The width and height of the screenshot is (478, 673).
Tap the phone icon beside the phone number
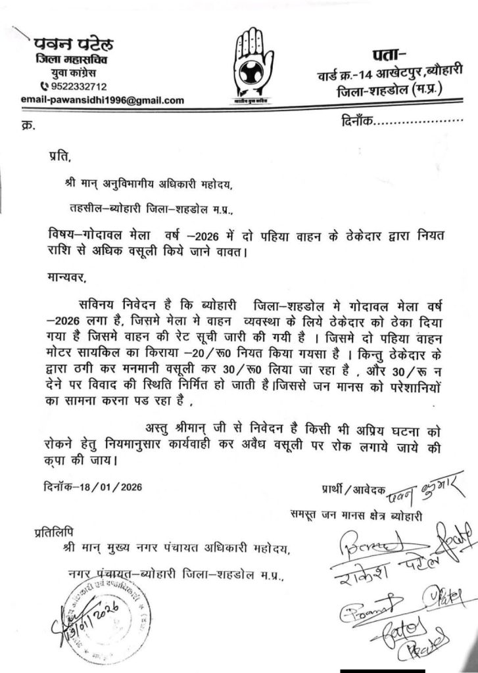[44, 86]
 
